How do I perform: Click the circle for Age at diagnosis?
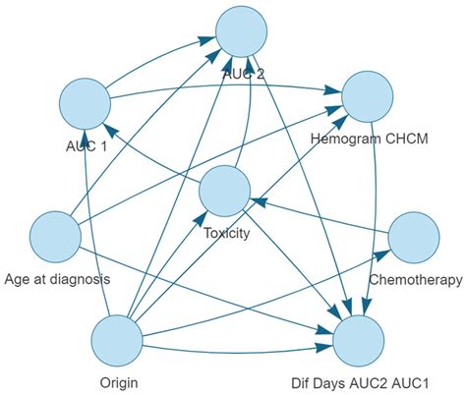point(56,237)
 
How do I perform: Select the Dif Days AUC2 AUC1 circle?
point(359,343)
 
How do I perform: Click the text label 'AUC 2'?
point(243,74)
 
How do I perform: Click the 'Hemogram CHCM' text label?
point(371,141)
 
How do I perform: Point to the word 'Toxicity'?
point(227,234)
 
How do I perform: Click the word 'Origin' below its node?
point(118,382)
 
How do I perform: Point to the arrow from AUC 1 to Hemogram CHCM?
point(226,96)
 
